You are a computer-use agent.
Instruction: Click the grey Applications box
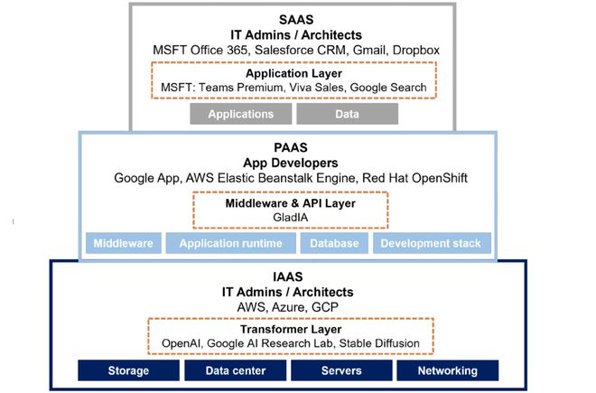[240, 115]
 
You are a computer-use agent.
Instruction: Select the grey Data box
[347, 115]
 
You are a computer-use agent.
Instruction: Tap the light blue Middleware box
[123, 243]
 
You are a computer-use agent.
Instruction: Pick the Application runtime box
[228, 243]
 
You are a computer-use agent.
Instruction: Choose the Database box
[333, 243]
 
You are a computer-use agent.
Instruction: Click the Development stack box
[434, 243]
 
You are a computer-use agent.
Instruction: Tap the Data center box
[235, 370]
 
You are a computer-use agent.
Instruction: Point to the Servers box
[340, 370]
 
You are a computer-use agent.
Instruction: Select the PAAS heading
[287, 148]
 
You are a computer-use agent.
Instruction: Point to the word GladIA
[289, 218]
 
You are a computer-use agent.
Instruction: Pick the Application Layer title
[293, 74]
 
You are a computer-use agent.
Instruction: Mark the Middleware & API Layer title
[289, 203]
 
